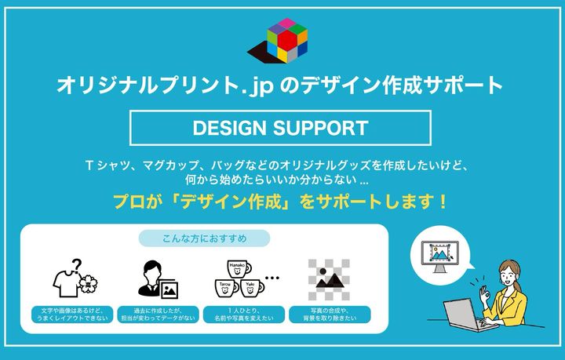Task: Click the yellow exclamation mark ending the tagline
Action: click(x=443, y=202)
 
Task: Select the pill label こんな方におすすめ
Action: click(x=204, y=238)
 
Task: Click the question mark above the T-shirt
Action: click(x=77, y=267)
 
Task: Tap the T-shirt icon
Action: click(x=67, y=284)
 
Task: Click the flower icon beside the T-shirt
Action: click(x=88, y=285)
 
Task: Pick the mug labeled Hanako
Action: click(x=239, y=268)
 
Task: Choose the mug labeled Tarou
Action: click(x=227, y=288)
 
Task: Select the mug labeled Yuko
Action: click(x=252, y=288)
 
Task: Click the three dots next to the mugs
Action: click(x=272, y=278)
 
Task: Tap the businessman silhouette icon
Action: click(x=149, y=278)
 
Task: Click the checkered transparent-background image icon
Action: click(x=329, y=280)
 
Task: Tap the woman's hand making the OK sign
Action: click(x=485, y=296)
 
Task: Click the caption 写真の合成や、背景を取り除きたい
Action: click(x=330, y=315)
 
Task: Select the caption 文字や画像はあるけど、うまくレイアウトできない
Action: click(x=72, y=315)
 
